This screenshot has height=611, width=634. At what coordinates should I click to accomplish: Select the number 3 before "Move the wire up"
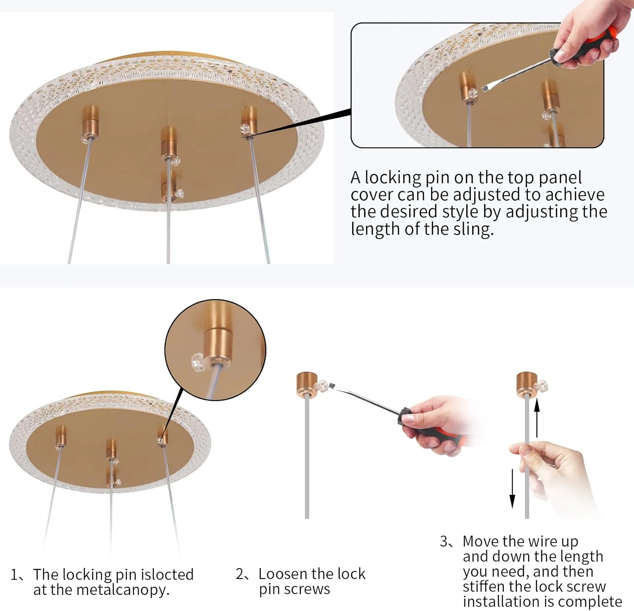click(x=444, y=541)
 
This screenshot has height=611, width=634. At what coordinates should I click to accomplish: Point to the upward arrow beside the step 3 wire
click(x=537, y=418)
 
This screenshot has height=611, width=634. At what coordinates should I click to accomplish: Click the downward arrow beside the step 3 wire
click(x=512, y=488)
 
